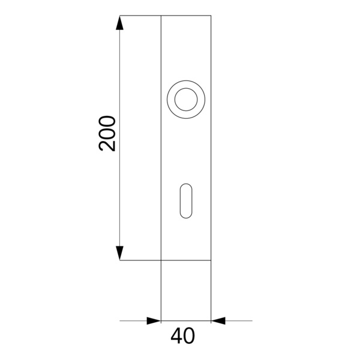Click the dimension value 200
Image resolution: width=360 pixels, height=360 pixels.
coord(107,133)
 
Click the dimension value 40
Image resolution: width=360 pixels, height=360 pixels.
coord(182,336)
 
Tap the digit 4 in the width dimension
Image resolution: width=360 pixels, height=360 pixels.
coord(176,336)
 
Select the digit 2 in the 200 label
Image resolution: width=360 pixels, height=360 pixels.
coord(107,146)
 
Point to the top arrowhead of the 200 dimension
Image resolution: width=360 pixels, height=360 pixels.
coord(119,23)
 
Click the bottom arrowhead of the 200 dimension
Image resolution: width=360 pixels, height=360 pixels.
coord(119,253)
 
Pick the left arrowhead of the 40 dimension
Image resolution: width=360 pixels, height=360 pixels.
coord(154,321)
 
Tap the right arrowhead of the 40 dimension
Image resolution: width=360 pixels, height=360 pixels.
coord(218,321)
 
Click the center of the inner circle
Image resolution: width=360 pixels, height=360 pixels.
coord(186,100)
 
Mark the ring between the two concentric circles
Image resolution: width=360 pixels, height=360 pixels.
coord(171,100)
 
